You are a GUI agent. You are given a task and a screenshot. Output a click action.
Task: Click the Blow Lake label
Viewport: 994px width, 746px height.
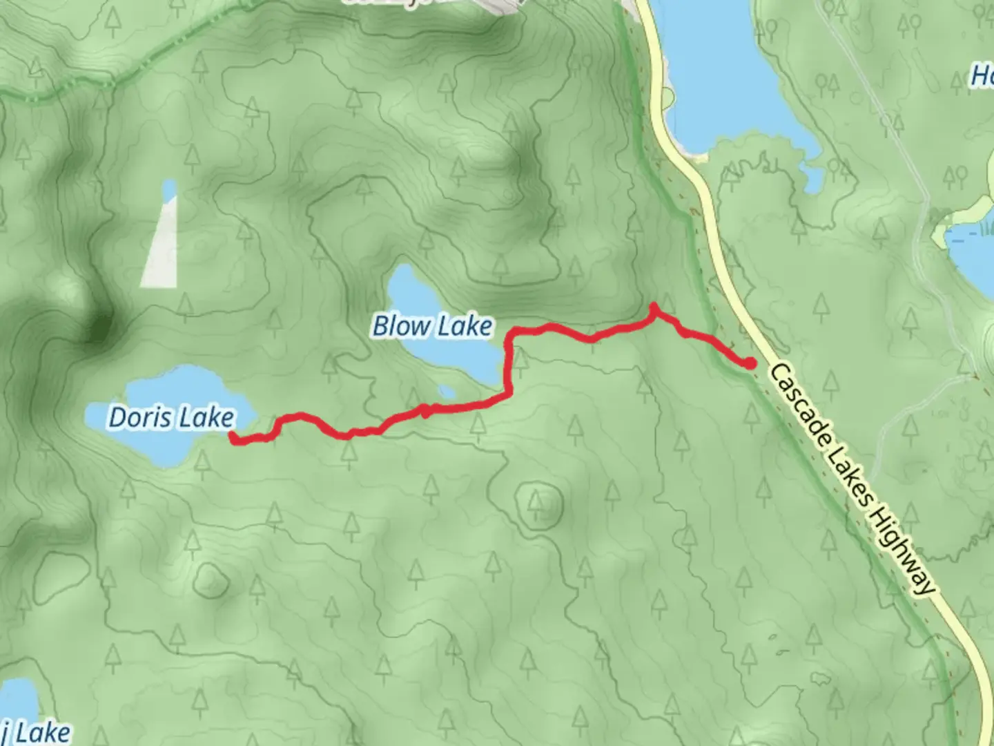433,326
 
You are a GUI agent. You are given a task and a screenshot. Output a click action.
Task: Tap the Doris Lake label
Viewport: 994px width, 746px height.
171,417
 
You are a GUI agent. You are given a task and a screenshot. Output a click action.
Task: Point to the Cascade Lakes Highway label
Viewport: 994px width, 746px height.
853,478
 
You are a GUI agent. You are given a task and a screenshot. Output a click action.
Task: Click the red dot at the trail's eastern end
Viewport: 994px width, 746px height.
750,362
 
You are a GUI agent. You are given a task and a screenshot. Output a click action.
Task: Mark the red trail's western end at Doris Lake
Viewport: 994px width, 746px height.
233,436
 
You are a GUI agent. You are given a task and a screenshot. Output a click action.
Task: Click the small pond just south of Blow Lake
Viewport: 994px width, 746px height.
447,392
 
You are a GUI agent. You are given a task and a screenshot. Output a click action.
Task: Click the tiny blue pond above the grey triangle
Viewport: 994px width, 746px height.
168,188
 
